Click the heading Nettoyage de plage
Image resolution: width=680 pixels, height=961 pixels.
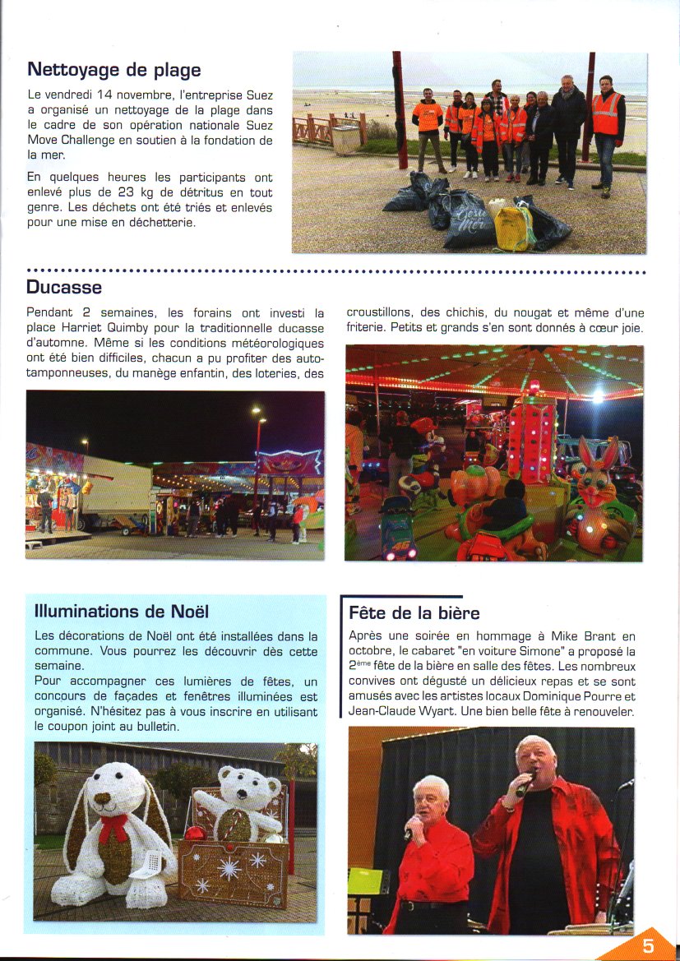(x=113, y=70)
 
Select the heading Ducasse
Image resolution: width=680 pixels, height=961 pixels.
(x=64, y=287)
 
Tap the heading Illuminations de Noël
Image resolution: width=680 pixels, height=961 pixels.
(x=122, y=612)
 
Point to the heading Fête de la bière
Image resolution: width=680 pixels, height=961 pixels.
(x=414, y=613)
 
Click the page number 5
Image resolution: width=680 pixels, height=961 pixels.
(x=648, y=945)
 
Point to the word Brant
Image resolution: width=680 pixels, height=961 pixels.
(x=594, y=636)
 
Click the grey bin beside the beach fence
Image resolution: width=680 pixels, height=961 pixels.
(x=346, y=138)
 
